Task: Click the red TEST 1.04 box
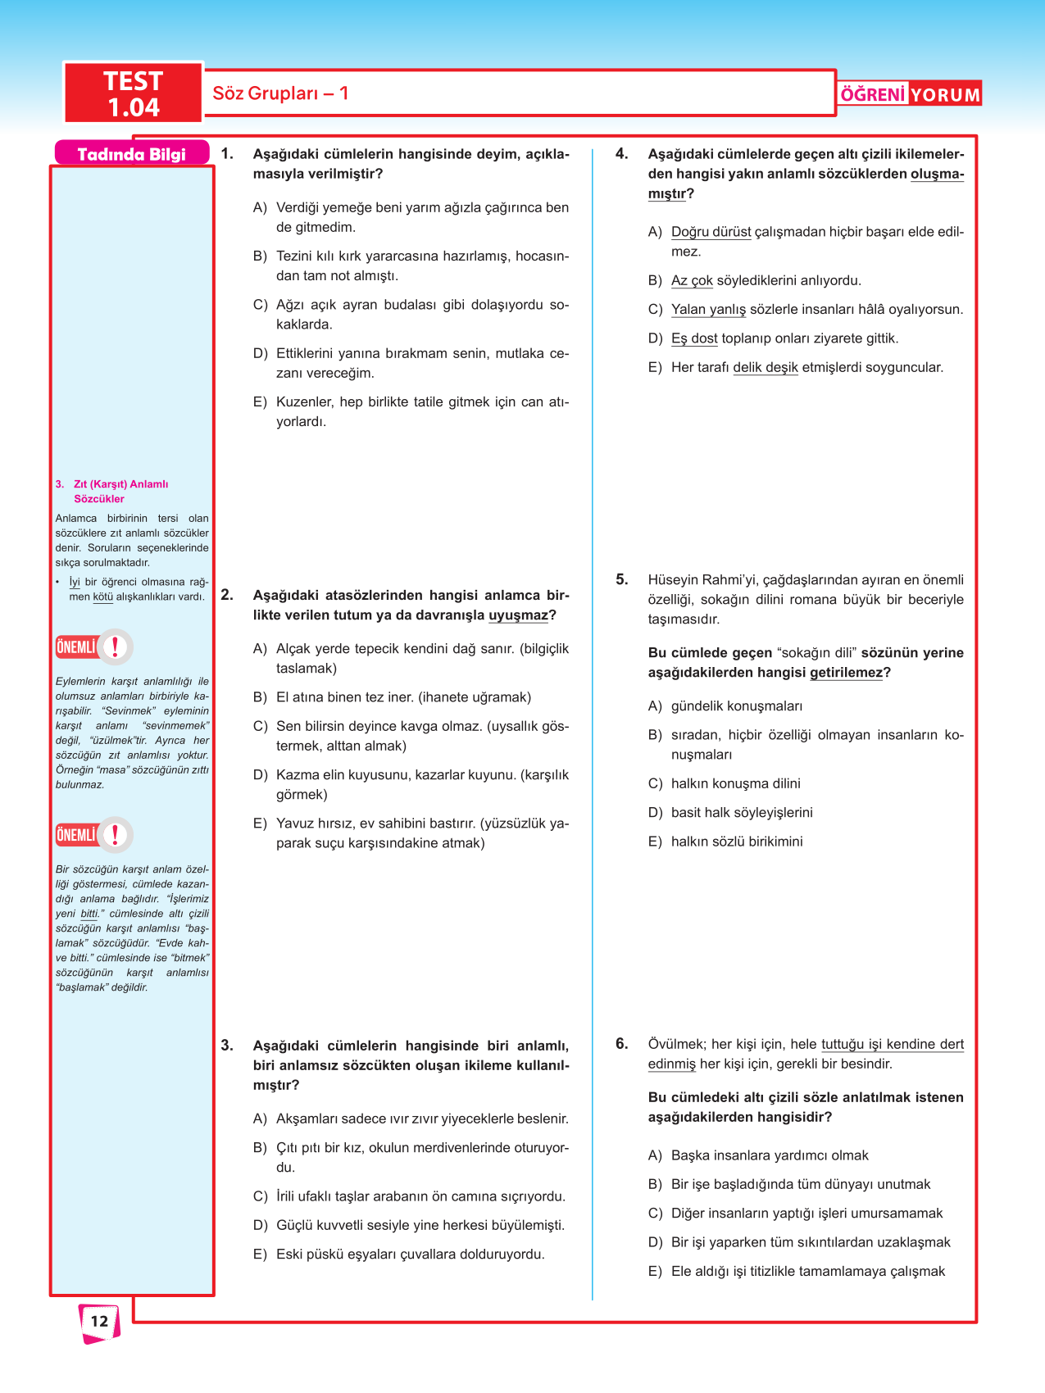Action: (133, 93)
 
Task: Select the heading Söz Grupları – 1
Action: (280, 93)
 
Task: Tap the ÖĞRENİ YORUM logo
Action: (910, 94)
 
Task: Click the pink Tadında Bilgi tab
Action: (131, 154)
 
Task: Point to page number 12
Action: (99, 1321)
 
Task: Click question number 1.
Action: (227, 154)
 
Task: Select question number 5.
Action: (622, 579)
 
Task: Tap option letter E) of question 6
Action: (655, 1271)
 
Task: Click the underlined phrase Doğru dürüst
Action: (711, 232)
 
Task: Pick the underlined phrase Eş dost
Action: (694, 338)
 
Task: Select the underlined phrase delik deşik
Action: (765, 367)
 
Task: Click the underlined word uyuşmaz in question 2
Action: (518, 615)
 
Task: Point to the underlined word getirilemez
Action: (846, 673)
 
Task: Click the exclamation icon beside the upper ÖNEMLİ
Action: (116, 647)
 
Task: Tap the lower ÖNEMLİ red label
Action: (76, 835)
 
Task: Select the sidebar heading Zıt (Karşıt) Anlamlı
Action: (120, 484)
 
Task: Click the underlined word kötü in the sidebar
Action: (102, 597)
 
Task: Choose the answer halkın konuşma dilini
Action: (735, 783)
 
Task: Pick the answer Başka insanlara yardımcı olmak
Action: (770, 1155)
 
